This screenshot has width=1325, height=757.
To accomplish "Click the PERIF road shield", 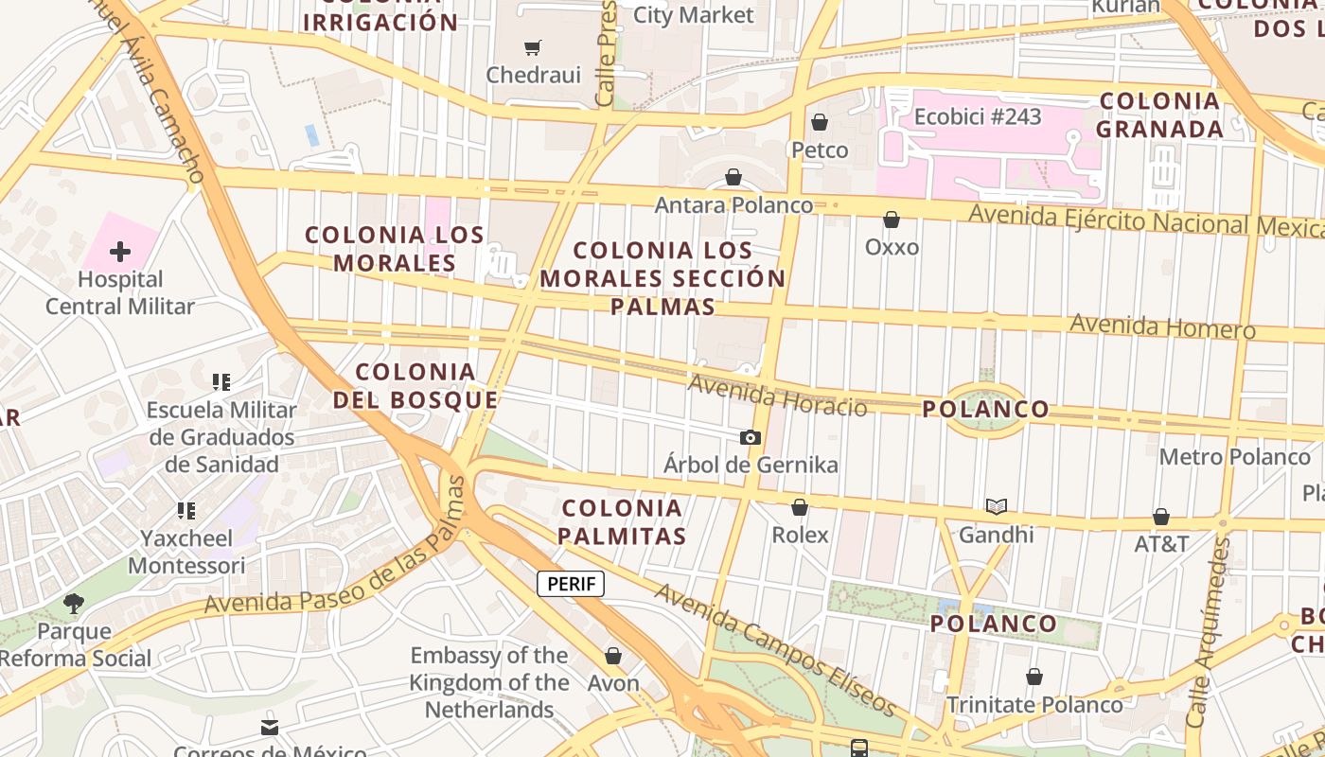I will pos(571,584).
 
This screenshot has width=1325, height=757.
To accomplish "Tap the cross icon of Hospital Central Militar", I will pos(120,252).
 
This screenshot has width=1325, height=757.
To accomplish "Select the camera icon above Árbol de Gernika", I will pos(751,437).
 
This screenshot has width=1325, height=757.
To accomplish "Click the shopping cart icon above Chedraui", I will pos(533,47).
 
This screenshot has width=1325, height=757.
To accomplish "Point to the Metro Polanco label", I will pos(1235,457).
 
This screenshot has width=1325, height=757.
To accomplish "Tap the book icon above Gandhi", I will pos(996,506).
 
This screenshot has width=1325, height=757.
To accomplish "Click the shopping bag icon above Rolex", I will pos(800,507).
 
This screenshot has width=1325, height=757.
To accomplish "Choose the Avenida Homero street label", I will pos(1162,327).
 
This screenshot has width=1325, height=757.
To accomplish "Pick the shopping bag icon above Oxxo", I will pos(892,220).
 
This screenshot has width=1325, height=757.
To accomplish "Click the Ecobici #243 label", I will pos(978,116).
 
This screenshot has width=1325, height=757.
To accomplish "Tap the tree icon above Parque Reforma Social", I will pos(74,603).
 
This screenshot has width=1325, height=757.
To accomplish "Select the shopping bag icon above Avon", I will pos(613,655).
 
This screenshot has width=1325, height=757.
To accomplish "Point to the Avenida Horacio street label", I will pos(777,396).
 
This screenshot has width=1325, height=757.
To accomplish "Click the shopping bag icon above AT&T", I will pos(1161,517).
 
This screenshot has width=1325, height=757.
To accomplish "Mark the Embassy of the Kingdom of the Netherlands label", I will pos(489,682).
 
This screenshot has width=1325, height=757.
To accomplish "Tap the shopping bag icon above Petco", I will pos(820,122).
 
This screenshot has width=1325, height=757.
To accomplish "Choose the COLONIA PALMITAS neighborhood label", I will pos(621,522).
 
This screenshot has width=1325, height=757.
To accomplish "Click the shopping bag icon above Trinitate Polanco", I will pos(1034,677).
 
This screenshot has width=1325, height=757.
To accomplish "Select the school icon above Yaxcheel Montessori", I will pos(186,511).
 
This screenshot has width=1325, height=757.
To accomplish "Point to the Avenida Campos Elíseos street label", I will pos(774,650).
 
